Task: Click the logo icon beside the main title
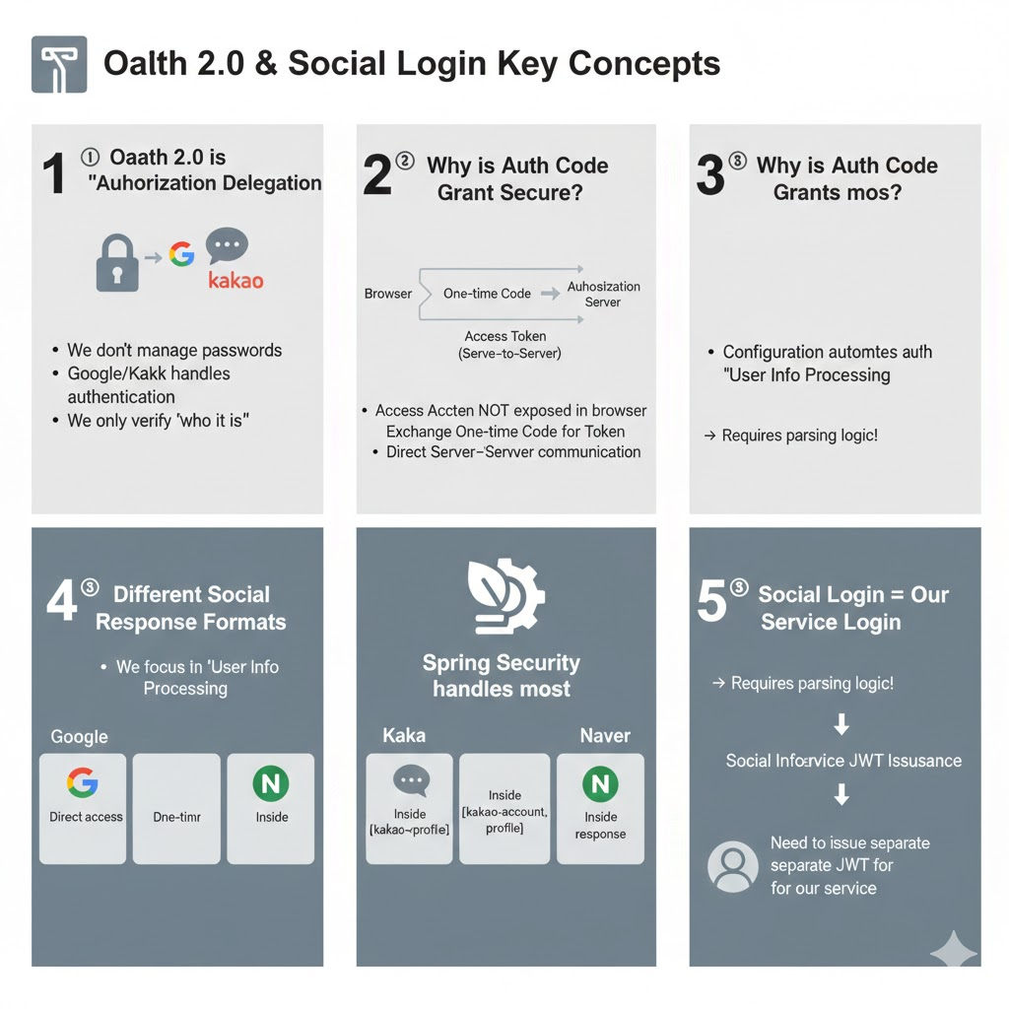click(59, 64)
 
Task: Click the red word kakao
click(236, 281)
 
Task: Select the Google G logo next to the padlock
click(181, 255)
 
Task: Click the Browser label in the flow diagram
click(388, 294)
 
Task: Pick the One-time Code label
click(487, 294)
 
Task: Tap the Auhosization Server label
click(603, 294)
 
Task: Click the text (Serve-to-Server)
click(504, 354)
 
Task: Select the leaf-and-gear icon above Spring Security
click(504, 595)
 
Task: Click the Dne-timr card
click(176, 808)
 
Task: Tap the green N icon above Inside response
click(599, 785)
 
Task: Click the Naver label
click(605, 735)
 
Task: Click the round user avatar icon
click(732, 866)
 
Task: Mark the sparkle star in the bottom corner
click(953, 952)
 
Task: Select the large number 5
click(710, 602)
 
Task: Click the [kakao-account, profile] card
click(504, 808)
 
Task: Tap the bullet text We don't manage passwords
click(173, 350)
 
